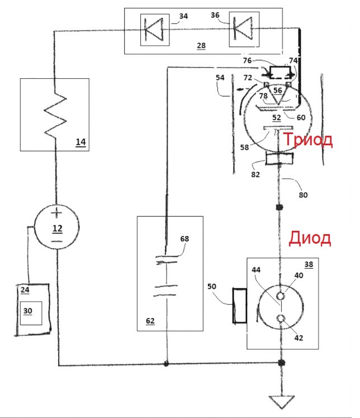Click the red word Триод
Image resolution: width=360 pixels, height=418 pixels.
tap(307, 140)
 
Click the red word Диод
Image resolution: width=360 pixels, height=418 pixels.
tap(310, 238)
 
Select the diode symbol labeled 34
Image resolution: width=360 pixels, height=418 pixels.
tap(154, 30)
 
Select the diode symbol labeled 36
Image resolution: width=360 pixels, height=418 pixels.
tap(243, 28)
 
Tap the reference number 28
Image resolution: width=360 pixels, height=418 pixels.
tap(201, 46)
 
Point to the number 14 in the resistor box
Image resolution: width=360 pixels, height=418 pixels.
tap(81, 142)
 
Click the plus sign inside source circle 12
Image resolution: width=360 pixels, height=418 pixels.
tap(56, 213)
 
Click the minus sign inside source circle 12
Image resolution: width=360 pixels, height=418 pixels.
tap(57, 241)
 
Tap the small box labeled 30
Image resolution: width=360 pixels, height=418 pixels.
tap(31, 313)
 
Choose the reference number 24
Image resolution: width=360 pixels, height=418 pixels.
tap(25, 290)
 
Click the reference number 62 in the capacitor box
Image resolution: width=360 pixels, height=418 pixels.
tap(150, 321)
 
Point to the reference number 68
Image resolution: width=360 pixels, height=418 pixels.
tap(184, 239)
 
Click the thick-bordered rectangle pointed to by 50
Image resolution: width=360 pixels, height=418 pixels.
tap(240, 306)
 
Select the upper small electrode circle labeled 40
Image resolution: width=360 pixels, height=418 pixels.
tap(280, 296)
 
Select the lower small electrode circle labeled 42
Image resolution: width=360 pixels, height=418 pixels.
tap(281, 319)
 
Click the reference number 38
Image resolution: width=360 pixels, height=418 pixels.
tap(309, 264)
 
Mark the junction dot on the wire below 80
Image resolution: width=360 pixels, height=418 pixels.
tap(279, 207)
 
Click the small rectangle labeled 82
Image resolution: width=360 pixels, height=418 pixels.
tap(279, 159)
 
